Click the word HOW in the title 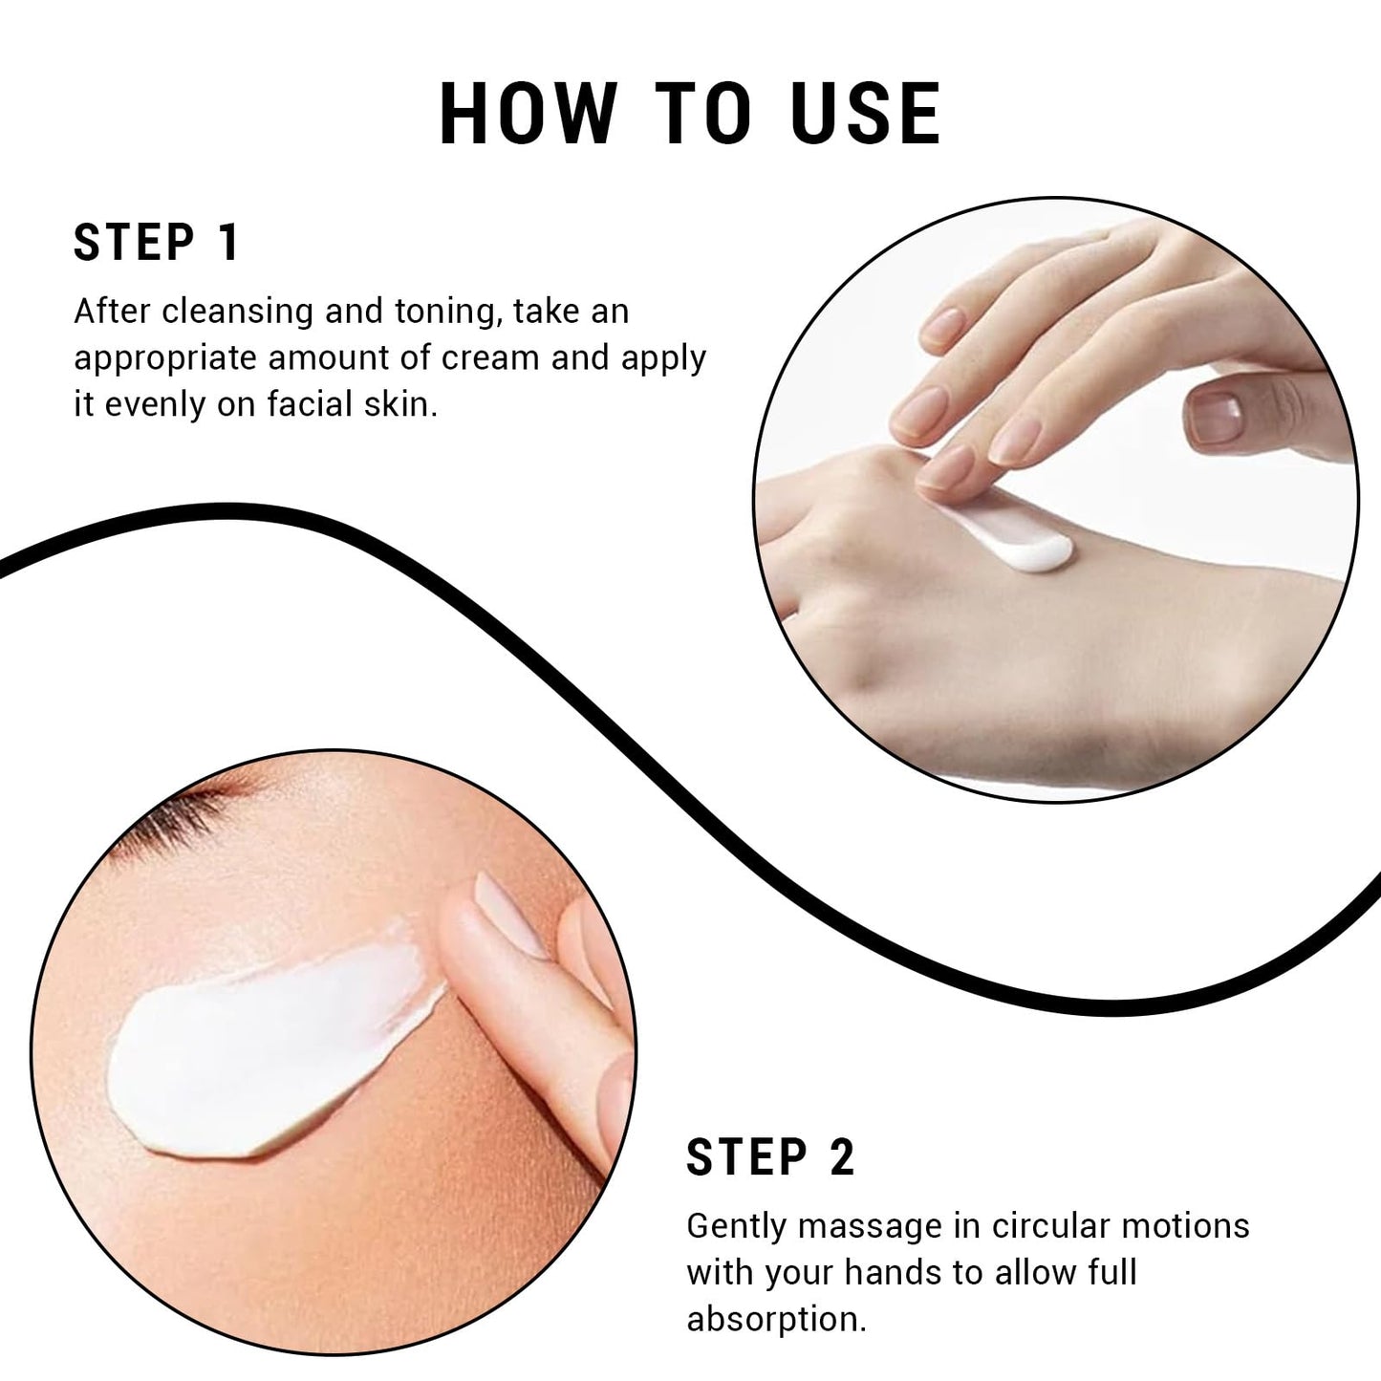click(529, 114)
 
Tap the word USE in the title click(866, 114)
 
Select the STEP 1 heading click(156, 242)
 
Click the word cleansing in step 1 click(237, 313)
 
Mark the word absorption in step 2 click(776, 1320)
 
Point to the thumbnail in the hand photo click(1216, 417)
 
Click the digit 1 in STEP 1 click(229, 242)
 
